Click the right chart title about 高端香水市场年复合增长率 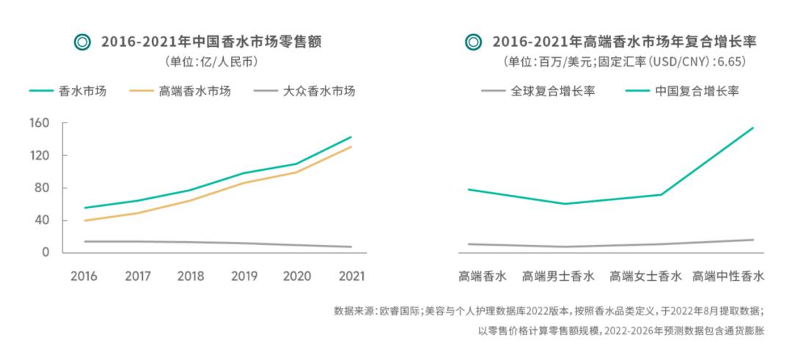(624, 42)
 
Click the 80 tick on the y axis (42, 188)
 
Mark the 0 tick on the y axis (45, 252)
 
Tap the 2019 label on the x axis (245, 276)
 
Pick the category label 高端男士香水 (558, 276)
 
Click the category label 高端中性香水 (728, 276)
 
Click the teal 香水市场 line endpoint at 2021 (351, 137)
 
